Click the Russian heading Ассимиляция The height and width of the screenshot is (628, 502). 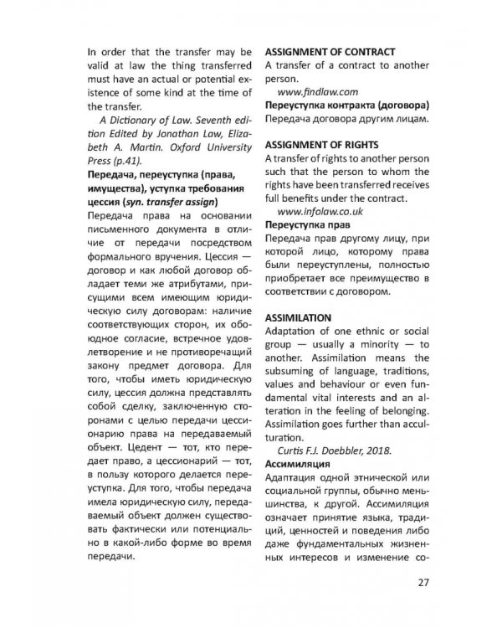[300, 461]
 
